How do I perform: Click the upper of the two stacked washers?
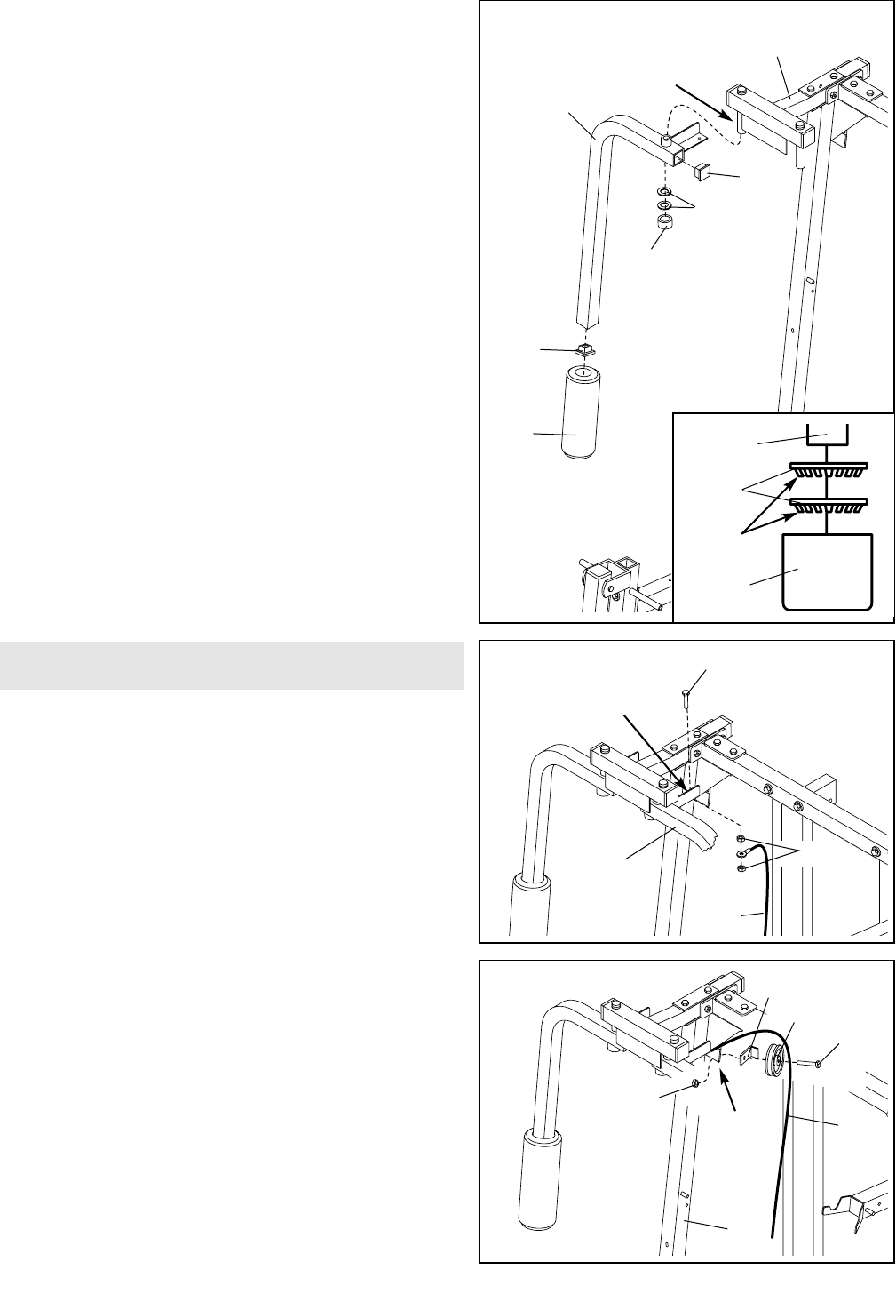664,192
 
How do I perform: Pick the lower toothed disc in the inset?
827,507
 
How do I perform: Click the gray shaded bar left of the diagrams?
232,665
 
